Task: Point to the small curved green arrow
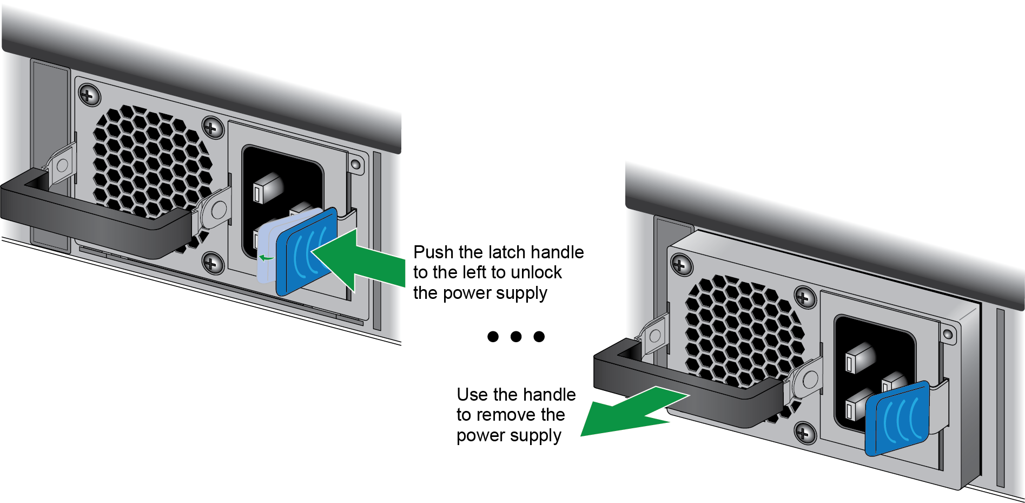tap(266, 258)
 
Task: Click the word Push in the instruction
tap(434, 252)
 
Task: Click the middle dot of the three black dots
tap(516, 337)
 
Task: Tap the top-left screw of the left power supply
tap(89, 95)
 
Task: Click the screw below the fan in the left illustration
tap(213, 264)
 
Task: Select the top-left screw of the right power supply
tap(681, 265)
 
